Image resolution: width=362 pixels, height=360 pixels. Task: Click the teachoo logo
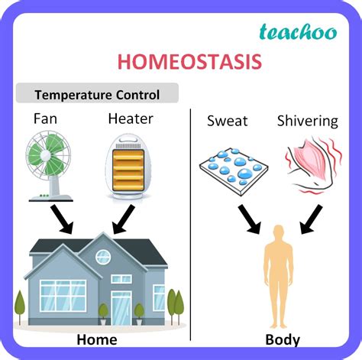(x=298, y=32)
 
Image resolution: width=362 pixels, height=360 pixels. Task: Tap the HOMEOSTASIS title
(x=189, y=62)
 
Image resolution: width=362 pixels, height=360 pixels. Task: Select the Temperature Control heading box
(x=97, y=93)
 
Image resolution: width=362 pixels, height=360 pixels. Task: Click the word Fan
(x=45, y=118)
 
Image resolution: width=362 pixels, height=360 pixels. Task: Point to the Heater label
(x=131, y=118)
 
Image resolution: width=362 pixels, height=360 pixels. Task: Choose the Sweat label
(x=228, y=121)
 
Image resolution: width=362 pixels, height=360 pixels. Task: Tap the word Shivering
(x=308, y=122)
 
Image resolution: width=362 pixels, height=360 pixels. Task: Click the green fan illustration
(x=49, y=166)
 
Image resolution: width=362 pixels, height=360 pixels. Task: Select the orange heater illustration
(x=128, y=167)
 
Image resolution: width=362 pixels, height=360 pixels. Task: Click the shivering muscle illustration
(x=314, y=166)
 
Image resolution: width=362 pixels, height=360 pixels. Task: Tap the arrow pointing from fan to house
(x=63, y=219)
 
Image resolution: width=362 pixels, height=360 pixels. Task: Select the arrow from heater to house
(x=123, y=219)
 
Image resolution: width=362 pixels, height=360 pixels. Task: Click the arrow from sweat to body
(x=250, y=219)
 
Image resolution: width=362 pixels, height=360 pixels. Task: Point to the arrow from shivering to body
(x=312, y=219)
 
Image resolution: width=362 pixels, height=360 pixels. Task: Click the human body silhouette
(x=279, y=277)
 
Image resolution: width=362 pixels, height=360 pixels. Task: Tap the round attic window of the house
(x=103, y=257)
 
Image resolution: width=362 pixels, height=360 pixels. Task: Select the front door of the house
(x=121, y=308)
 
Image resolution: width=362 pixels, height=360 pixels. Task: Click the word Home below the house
(x=97, y=339)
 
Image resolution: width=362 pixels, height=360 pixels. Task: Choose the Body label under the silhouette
(x=283, y=340)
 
